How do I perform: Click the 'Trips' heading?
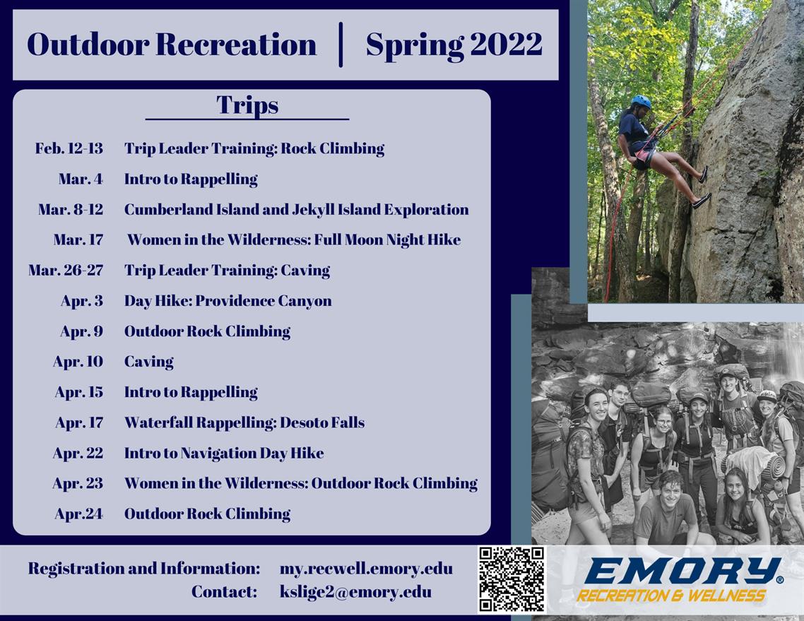(247, 105)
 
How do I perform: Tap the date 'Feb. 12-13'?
(69, 148)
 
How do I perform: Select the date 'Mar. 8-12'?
(71, 210)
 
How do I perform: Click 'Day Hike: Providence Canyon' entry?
(227, 301)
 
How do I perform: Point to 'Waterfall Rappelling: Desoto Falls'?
(244, 422)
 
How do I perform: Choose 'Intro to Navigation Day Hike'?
(224, 453)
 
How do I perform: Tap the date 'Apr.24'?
(78, 514)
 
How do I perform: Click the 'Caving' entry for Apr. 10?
(148, 362)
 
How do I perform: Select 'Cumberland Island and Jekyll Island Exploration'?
(296, 210)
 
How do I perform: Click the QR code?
(512, 579)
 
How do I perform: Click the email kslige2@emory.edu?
(355, 591)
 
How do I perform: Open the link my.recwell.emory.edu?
(366, 569)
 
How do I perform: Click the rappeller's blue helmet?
(641, 102)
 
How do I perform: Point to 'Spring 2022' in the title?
(454, 45)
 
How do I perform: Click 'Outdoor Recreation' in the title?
(172, 45)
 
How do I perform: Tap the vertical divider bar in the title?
(341, 45)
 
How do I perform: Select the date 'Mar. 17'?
(78, 240)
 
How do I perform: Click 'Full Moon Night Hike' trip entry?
(294, 240)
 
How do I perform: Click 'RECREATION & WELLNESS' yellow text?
(671, 596)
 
